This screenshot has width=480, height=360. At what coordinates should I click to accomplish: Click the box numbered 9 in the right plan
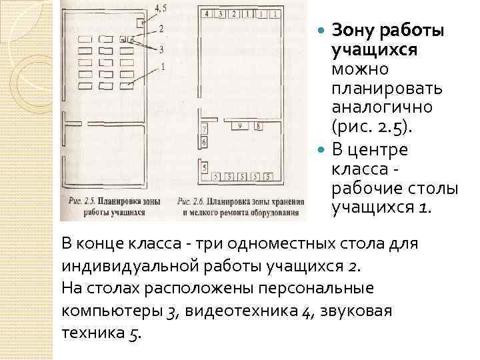point(239,125)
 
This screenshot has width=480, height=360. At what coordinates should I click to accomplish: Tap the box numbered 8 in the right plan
point(258,125)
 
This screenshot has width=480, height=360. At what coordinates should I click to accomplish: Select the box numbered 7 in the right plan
point(204,128)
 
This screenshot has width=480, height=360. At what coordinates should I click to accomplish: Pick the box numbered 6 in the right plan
point(204,141)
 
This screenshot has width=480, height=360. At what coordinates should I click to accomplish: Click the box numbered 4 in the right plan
point(207,13)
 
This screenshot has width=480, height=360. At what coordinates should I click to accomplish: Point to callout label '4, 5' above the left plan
point(161,8)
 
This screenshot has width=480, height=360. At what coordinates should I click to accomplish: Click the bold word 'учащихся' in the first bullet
point(365,50)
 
